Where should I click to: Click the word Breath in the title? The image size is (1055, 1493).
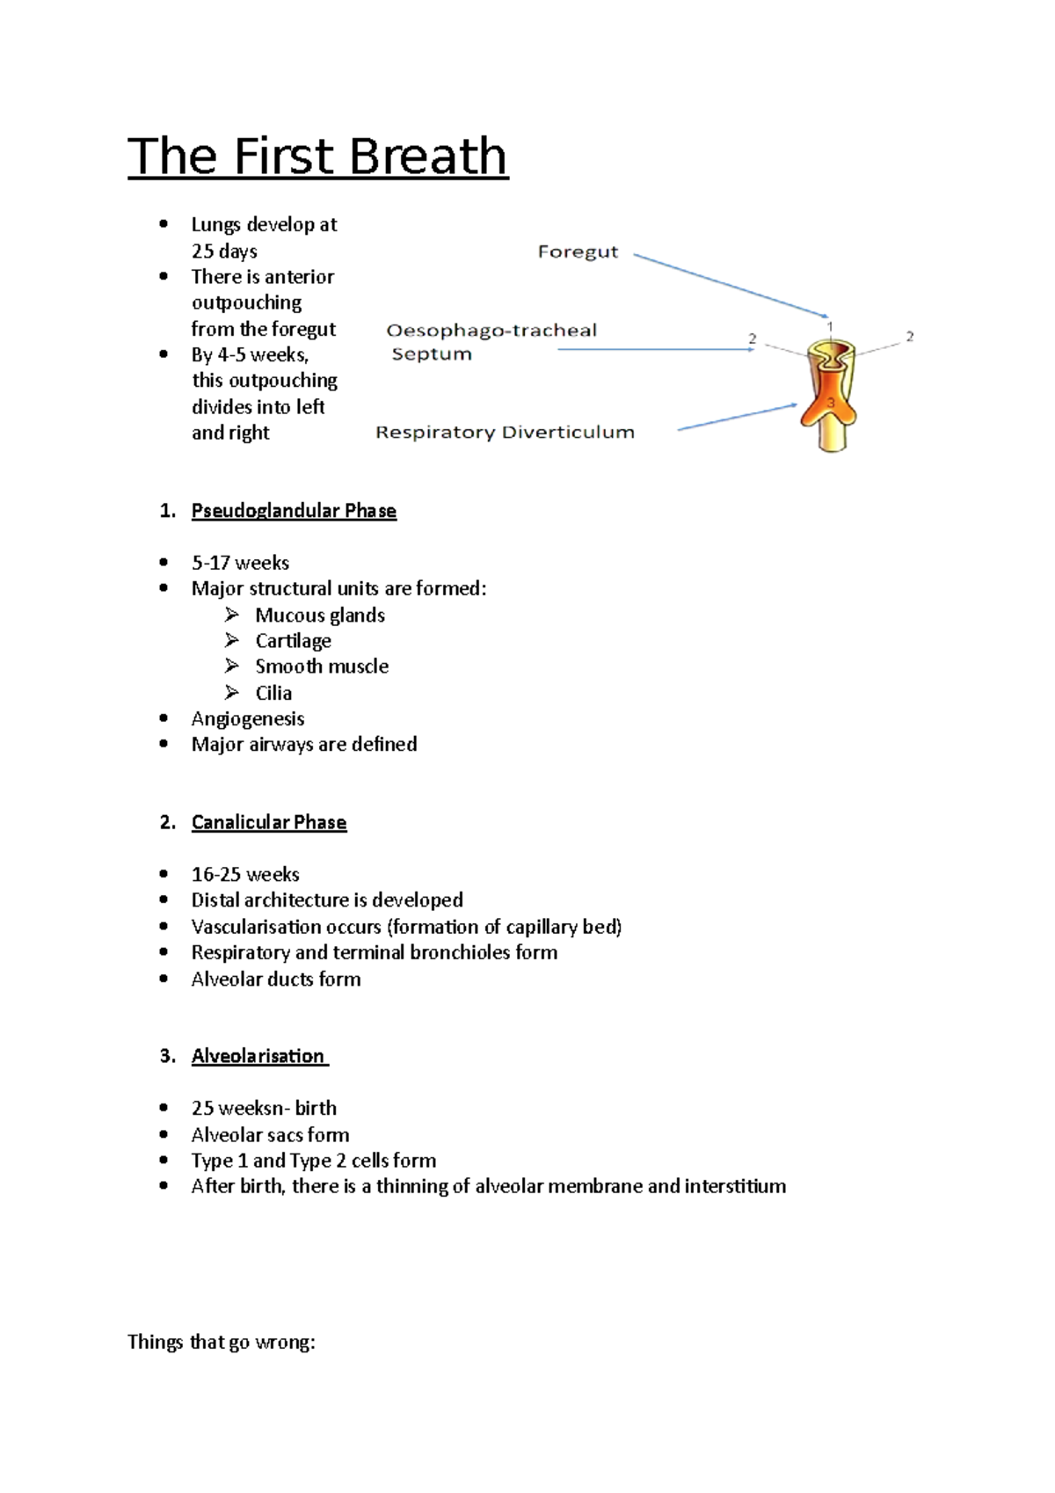[428, 157]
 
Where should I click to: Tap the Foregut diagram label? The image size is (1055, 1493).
[578, 252]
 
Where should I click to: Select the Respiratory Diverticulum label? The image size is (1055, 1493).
[505, 433]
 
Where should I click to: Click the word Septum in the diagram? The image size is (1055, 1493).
[432, 354]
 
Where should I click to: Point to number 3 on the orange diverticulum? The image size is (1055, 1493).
[831, 402]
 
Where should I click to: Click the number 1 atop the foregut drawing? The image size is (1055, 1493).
[830, 326]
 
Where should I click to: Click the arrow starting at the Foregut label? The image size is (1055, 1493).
[730, 285]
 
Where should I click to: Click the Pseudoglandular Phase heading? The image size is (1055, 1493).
[294, 511]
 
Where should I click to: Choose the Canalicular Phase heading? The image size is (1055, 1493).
[269, 822]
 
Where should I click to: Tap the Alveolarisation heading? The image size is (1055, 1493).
[258, 1056]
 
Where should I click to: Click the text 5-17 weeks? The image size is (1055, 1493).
[240, 563]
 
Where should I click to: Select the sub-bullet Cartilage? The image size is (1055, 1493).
[293, 641]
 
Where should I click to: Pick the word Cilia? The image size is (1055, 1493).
[273, 693]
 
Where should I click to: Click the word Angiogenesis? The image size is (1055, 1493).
[248, 718]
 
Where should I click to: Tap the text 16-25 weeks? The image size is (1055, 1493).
[245, 874]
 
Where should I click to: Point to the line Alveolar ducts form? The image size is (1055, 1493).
[276, 979]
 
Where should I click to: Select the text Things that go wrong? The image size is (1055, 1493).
[221, 1342]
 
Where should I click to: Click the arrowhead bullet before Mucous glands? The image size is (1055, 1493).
[232, 615]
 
